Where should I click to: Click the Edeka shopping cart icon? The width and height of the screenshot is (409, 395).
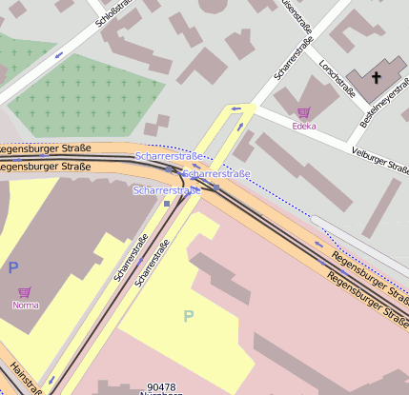(x=304, y=112)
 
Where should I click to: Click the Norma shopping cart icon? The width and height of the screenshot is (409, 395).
(x=25, y=292)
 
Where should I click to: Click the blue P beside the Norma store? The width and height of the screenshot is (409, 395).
(x=13, y=268)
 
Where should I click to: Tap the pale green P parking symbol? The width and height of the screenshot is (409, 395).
(x=188, y=316)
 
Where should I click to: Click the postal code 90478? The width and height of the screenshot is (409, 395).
(x=163, y=387)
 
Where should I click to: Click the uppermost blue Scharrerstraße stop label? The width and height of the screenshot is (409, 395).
(x=168, y=155)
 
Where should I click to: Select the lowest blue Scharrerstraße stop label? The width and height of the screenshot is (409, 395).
(x=168, y=191)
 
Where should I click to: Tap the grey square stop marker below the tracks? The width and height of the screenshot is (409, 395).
(x=167, y=203)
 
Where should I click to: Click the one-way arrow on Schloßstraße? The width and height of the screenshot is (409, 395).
(x=59, y=54)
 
